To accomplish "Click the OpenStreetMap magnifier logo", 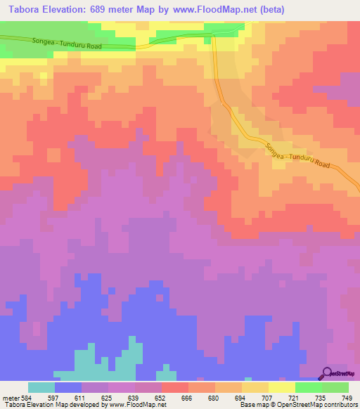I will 328,373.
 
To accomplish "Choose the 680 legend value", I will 212,397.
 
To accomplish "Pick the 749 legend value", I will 346,397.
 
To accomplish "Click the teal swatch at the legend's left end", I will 41,387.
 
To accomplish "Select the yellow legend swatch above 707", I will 255,387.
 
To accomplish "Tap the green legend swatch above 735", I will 309,387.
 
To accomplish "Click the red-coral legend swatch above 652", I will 175,387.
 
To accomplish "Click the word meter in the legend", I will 10,397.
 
